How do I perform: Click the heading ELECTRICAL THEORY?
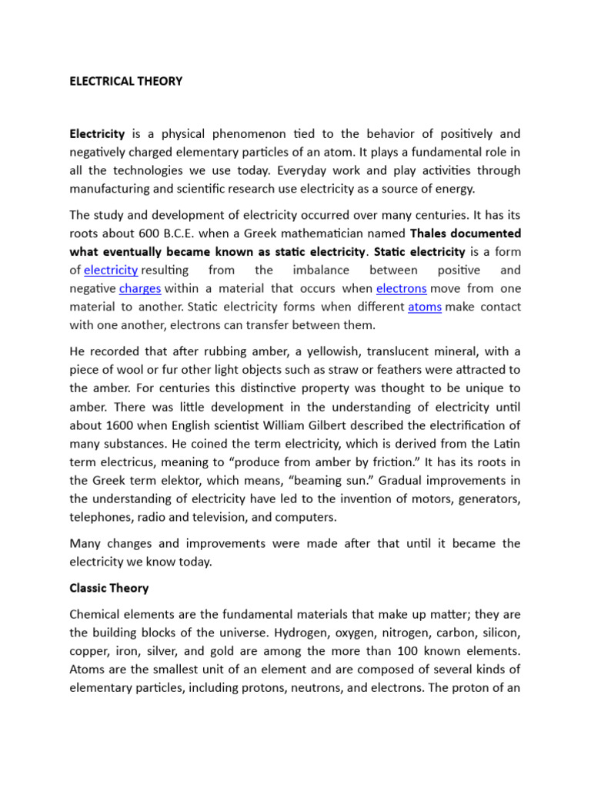126,81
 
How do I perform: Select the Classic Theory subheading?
109,588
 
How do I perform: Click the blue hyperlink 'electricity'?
111,270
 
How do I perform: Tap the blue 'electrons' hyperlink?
401,288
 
